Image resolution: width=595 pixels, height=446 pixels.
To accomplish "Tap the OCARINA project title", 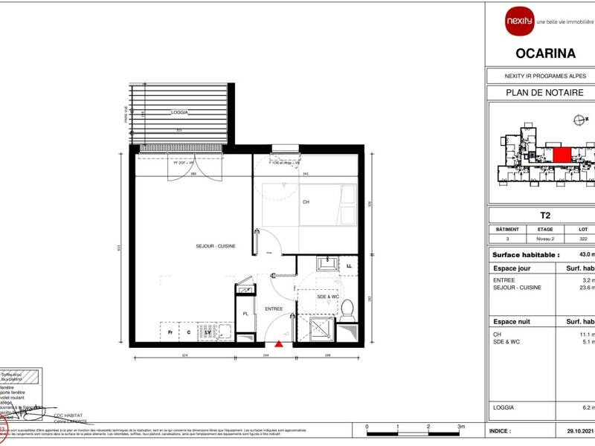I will click(x=545, y=53).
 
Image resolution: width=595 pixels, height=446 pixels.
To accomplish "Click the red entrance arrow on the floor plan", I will click(x=279, y=343).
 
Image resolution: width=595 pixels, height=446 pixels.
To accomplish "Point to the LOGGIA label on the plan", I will click(x=179, y=111).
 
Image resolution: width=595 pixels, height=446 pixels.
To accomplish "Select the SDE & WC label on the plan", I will click(x=327, y=297).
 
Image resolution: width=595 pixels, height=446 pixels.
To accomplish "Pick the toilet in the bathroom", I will click(x=346, y=311).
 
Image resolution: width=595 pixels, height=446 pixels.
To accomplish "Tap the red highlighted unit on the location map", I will click(x=562, y=155).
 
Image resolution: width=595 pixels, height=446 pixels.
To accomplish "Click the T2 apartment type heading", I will click(x=544, y=216).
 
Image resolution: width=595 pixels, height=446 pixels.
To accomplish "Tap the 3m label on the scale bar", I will click(x=461, y=426).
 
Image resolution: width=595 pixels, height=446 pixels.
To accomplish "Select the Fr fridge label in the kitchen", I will click(x=170, y=332).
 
